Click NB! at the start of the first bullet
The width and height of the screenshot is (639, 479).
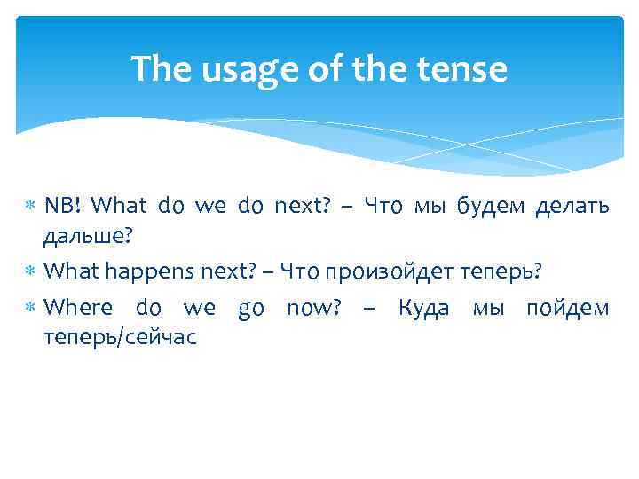click(63, 207)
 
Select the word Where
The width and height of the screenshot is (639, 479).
click(78, 309)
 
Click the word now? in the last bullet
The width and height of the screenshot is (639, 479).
click(314, 309)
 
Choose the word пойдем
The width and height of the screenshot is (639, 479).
click(568, 309)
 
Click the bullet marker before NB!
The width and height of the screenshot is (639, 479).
click(31, 208)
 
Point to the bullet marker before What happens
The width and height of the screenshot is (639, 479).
click(31, 271)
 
